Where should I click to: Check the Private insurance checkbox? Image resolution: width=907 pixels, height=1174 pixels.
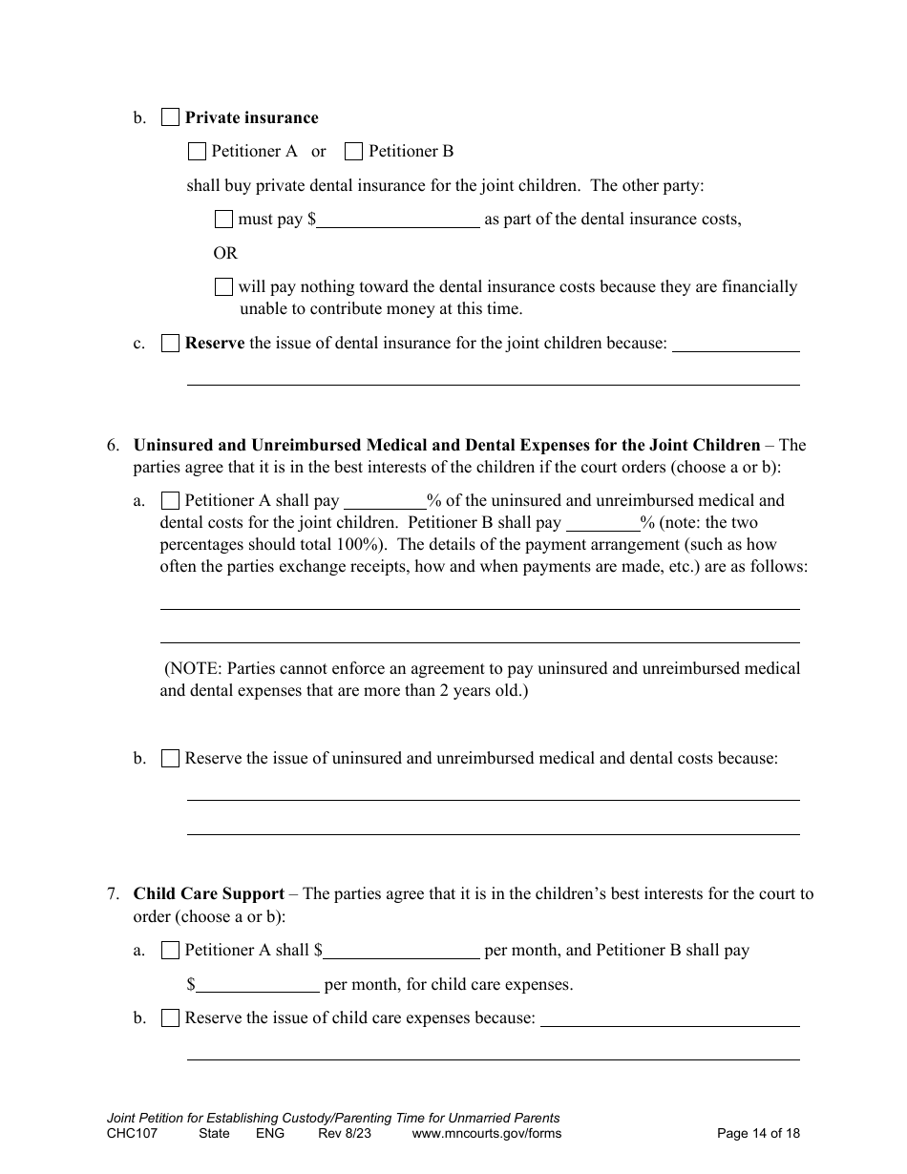pos(170,117)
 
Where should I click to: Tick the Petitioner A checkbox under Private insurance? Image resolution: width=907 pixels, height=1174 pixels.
pos(197,151)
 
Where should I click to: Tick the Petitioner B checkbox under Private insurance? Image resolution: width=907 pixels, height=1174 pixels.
pos(353,151)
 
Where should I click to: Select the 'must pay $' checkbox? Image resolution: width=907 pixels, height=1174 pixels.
pos(223,219)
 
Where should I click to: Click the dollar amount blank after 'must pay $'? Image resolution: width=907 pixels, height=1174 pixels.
pos(398,219)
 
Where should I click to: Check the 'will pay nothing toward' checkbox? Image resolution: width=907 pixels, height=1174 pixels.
pos(223,286)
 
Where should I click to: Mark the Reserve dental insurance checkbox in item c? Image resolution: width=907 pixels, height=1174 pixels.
pos(170,344)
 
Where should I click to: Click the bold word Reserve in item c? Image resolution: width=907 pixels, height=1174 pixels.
pos(215,344)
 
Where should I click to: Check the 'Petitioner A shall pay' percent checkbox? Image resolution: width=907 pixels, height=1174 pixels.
pos(170,500)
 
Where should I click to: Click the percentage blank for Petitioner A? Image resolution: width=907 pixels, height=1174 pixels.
pos(384,500)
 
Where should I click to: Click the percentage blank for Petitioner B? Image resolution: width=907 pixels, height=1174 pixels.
pos(602,523)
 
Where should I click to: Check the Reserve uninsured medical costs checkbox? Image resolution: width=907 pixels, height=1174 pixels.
pos(170,759)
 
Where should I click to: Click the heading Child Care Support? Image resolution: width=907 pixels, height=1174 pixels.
pos(209,894)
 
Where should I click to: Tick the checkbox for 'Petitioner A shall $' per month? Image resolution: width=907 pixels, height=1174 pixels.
pos(170,951)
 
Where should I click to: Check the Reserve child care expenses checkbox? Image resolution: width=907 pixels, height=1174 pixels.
pos(170,1018)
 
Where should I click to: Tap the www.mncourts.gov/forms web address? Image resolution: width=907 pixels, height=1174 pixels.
pos(486,1134)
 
